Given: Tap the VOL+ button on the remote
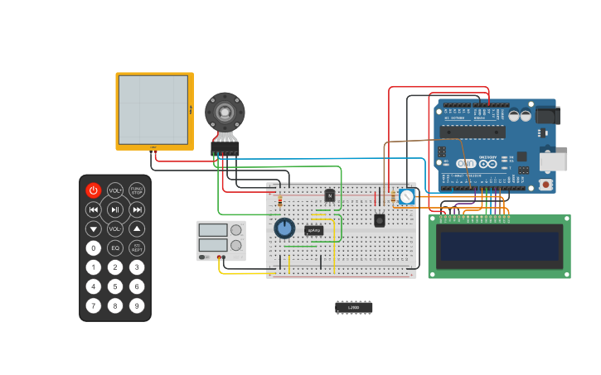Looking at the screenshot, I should coord(115,190).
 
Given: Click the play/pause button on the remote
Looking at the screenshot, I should coord(115,209).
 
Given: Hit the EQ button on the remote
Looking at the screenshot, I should coord(115,248).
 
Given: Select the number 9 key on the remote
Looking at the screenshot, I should coord(137,305).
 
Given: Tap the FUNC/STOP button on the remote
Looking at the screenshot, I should coord(137,190).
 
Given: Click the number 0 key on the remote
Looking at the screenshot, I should coord(94,248).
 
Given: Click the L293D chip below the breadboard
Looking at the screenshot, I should coord(354,307).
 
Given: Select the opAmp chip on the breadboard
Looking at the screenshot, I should coord(314,230).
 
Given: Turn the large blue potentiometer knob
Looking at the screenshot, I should coord(284,228).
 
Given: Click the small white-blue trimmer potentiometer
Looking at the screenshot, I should coord(406,197).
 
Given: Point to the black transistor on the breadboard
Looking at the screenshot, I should coord(330,195).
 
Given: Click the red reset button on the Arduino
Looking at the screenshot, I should coord(545,184).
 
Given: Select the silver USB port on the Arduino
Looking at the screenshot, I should coord(553,161).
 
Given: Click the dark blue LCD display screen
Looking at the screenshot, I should coord(500,247).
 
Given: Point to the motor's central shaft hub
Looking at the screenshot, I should coord(225,110).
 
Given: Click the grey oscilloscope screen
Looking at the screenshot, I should coord(153,110).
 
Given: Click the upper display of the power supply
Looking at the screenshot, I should coord(213,230).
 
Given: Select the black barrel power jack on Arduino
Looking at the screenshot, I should coord(548,115).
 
